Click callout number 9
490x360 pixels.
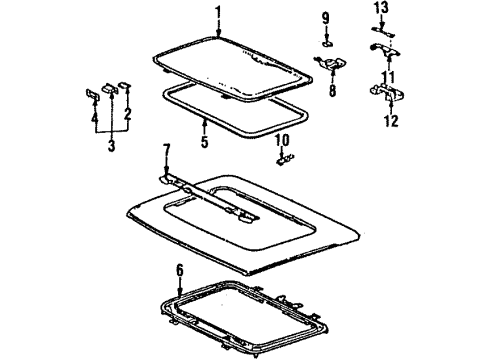click(x=325, y=17)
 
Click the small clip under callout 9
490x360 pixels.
click(x=328, y=43)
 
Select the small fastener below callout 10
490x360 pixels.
click(x=285, y=157)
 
